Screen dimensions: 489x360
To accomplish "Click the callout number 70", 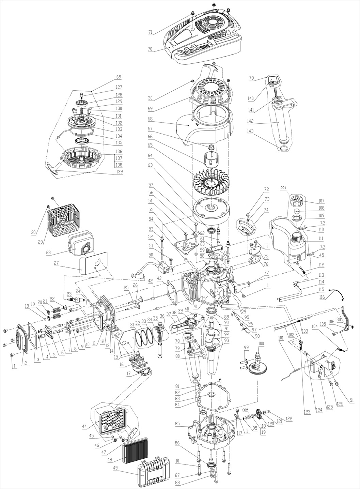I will (150, 49).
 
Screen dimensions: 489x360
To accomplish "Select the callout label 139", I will (118, 172).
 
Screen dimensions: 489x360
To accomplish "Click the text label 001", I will (283, 188).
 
